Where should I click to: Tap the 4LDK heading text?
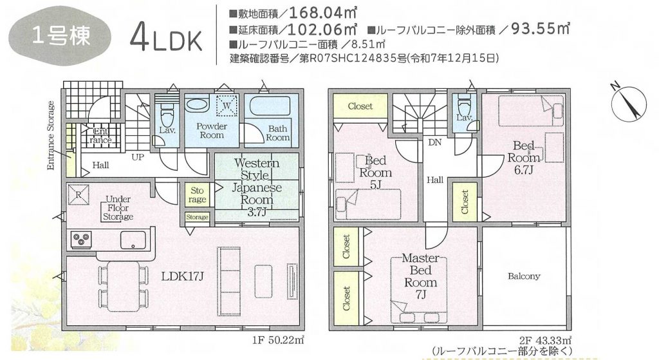click(x=166, y=39)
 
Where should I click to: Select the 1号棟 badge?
click(x=60, y=37)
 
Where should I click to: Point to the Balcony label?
click(x=524, y=276)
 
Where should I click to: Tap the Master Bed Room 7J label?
click(x=420, y=276)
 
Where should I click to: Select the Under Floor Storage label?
click(x=118, y=208)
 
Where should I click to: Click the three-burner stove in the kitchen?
click(x=81, y=240)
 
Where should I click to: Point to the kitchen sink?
click(x=133, y=240)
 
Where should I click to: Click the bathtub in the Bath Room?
click(x=270, y=106)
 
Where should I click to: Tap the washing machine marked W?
click(x=227, y=105)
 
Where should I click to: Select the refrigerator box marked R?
click(x=79, y=194)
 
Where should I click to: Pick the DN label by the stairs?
click(x=434, y=142)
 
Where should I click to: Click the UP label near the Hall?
click(x=138, y=157)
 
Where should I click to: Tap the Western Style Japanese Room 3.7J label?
click(x=257, y=187)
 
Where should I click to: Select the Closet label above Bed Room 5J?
click(x=360, y=106)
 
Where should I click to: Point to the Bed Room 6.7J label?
click(x=524, y=158)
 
